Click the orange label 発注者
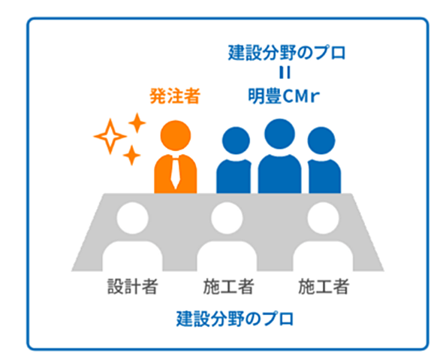[x=175, y=96]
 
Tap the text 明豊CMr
[x=284, y=96]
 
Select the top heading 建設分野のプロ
[x=287, y=53]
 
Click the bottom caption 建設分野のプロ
[x=235, y=319]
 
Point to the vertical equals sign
[x=285, y=72]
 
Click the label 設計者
[x=132, y=286]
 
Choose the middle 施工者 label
[x=228, y=286]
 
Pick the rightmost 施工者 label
[x=324, y=286]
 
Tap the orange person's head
[x=176, y=135]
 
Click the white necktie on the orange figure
[x=176, y=173]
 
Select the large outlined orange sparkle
[x=110, y=137]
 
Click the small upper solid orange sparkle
[x=137, y=123]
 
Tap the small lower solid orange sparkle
[x=131, y=156]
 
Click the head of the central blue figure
[x=279, y=134]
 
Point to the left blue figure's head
[x=236, y=141]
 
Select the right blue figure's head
[x=321, y=141]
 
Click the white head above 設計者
[x=132, y=218]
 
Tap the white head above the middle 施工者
[x=227, y=218]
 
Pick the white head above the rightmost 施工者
[x=324, y=218]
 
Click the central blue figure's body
[x=280, y=174]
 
